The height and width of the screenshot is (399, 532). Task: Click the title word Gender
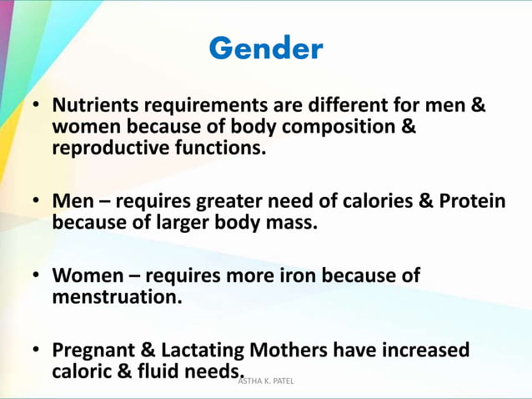265,48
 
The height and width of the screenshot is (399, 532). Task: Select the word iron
299,275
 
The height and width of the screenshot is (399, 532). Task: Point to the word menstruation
117,296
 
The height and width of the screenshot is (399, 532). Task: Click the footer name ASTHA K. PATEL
266,381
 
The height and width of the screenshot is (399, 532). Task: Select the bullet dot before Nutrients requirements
38,108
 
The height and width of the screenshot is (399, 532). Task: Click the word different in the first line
349,107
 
